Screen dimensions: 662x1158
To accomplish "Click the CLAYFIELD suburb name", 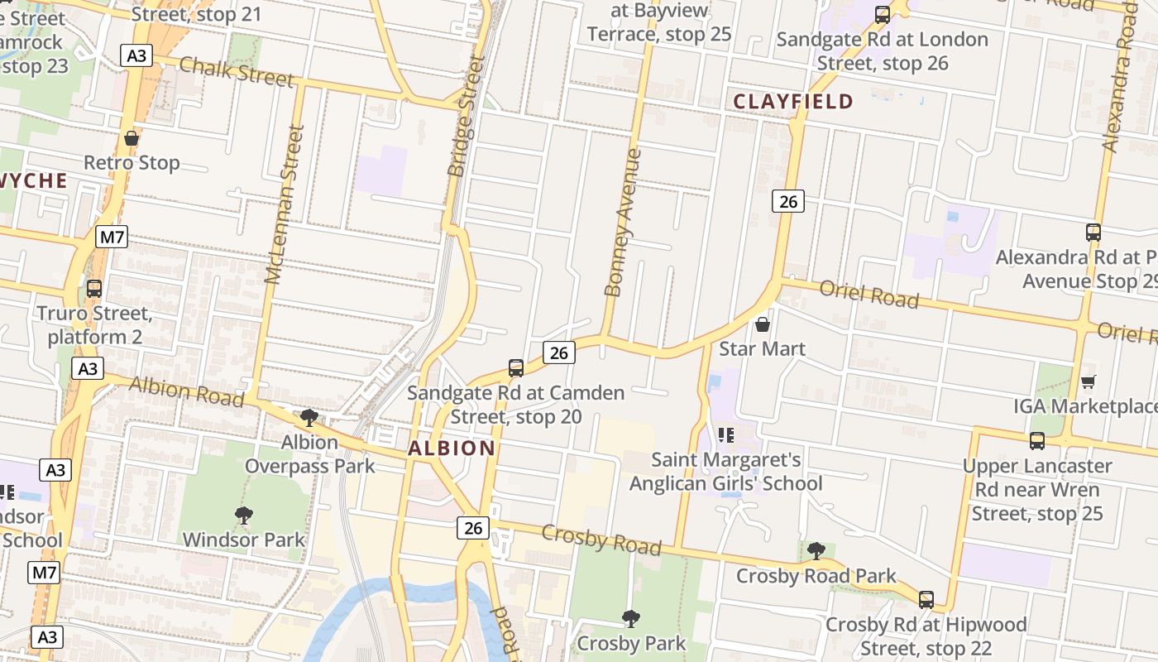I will (793, 102).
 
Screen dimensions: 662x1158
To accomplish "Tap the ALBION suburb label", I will (452, 449).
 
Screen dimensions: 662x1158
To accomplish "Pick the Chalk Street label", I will (236, 71).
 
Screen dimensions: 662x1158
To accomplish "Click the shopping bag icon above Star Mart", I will (763, 324).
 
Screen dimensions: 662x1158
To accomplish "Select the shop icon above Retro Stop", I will (131, 138).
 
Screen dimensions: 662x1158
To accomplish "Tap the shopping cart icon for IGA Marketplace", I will (1089, 381).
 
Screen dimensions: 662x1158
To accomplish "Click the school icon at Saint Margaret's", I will (726, 435).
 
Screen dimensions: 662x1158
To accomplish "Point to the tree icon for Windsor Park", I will (243, 516).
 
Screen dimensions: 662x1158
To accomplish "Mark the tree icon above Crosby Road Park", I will (816, 551).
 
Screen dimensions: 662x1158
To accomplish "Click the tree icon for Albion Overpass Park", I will (309, 418).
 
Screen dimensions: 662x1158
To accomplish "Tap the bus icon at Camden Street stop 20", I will (516, 368).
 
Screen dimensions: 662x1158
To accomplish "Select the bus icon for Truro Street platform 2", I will (94, 289).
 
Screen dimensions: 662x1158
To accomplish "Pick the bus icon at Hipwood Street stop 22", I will (926, 600).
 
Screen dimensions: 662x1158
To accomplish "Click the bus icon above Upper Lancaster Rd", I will (1037, 441).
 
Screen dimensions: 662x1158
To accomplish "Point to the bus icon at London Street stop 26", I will (883, 14).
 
